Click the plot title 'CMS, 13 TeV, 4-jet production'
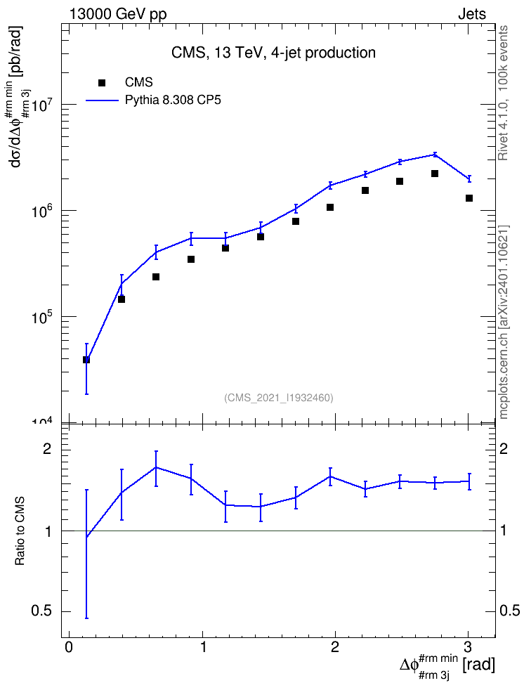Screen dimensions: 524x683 [x=273, y=53]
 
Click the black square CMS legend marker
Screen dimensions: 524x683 [x=102, y=83]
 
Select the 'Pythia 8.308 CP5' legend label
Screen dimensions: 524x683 [x=173, y=100]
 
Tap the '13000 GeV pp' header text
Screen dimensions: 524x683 [x=117, y=14]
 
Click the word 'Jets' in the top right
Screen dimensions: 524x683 [x=472, y=14]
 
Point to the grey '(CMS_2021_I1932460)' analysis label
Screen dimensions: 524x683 [x=279, y=398]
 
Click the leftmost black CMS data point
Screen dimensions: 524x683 [x=86, y=360]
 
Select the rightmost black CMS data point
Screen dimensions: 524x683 [x=469, y=198]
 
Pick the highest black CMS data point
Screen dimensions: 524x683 [x=434, y=174]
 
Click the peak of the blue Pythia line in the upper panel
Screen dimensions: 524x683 [x=435, y=154]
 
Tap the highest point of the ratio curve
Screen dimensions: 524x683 [x=156, y=467]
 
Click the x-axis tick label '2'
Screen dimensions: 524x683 [x=334, y=647]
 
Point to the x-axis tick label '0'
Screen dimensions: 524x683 [x=68, y=647]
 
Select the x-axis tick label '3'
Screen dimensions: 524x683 [x=468, y=647]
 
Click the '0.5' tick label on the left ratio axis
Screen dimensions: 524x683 [x=42, y=611]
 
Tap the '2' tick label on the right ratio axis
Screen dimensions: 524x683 [x=504, y=449]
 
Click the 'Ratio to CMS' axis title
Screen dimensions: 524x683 [x=20, y=531]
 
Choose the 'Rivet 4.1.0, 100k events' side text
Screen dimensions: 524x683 [x=503, y=93]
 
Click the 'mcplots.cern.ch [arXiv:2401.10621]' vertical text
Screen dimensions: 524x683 [x=504, y=322]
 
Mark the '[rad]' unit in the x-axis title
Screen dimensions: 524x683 [x=479, y=665]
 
